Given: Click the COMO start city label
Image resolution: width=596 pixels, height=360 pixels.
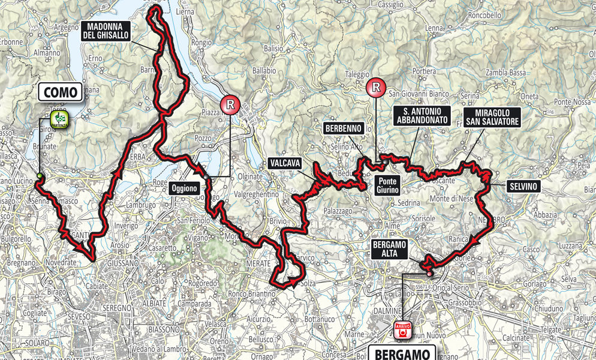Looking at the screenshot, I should [x=61, y=92].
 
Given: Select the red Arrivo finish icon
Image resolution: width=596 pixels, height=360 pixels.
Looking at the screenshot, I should [x=401, y=329].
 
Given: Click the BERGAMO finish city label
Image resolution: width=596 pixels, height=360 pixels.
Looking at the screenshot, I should [x=401, y=353].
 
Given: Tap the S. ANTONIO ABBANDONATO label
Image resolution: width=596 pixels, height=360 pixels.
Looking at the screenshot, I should [x=423, y=116].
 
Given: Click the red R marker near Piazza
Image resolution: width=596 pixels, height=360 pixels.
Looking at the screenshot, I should [x=228, y=105].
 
